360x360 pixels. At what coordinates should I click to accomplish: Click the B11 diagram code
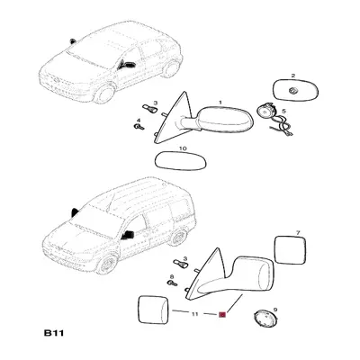click(54, 333)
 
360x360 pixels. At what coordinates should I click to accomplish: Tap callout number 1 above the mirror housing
click(220, 103)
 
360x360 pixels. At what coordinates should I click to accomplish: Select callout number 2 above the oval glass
click(293, 76)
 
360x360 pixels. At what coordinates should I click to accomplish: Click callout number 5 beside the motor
click(283, 111)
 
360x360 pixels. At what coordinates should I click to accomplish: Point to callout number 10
click(183, 148)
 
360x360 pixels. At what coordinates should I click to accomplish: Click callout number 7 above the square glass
click(298, 232)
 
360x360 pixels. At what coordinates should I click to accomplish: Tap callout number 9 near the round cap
click(275, 310)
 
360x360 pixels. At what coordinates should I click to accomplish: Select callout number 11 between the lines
click(195, 314)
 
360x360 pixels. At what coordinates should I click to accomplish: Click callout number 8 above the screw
click(172, 276)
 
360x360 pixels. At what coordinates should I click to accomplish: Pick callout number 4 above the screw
click(139, 121)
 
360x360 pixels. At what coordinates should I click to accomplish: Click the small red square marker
click(222, 314)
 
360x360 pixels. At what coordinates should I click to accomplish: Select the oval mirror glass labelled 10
click(181, 161)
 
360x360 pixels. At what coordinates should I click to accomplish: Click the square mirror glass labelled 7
click(291, 250)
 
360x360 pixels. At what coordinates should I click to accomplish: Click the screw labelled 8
click(172, 283)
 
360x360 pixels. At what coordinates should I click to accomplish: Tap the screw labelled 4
click(139, 127)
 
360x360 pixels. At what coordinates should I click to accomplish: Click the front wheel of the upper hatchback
click(104, 94)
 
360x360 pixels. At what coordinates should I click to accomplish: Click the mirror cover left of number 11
click(152, 310)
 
